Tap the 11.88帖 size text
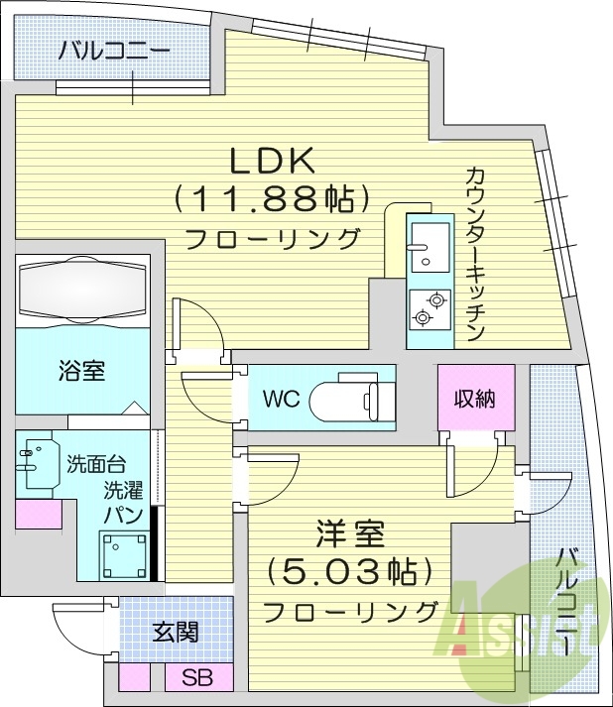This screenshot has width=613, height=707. (x=265, y=199)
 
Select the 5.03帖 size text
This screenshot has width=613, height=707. (x=350, y=571)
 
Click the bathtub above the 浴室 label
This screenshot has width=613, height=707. (x=82, y=290)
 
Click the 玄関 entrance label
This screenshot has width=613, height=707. (x=175, y=632)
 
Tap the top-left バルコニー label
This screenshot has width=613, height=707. (x=113, y=51)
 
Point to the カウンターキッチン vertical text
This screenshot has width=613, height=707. (x=474, y=253)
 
